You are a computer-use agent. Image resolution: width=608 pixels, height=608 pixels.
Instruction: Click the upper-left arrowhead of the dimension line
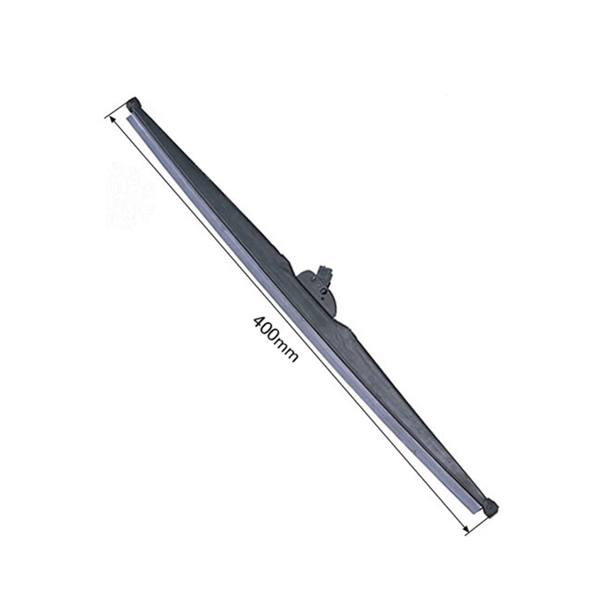click(109, 119)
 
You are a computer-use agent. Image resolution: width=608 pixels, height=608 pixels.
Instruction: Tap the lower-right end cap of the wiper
click(491, 509)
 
